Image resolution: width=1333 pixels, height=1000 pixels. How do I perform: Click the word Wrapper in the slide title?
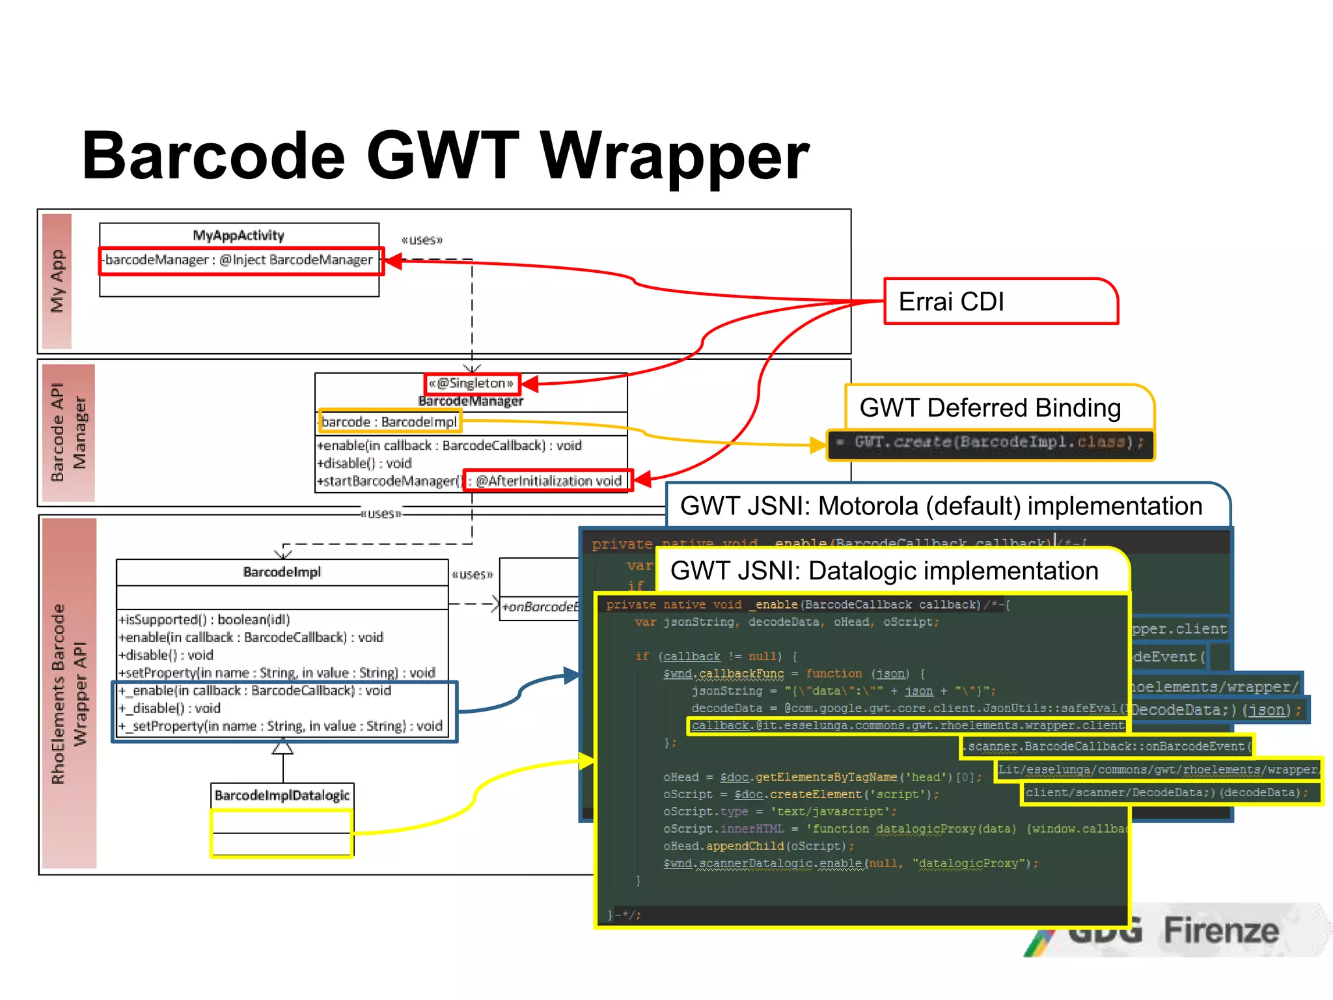pyautogui.click(x=675, y=156)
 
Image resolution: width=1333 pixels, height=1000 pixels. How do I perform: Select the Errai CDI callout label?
pyautogui.click(x=951, y=301)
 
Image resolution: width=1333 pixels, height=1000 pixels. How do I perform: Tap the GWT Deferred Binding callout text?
pyautogui.click(x=989, y=408)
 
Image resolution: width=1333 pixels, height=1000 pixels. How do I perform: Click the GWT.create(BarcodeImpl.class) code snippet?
pyautogui.click(x=989, y=443)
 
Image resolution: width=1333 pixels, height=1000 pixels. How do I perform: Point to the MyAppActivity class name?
pyautogui.click(x=238, y=236)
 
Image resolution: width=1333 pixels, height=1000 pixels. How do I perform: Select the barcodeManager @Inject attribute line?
pyautogui.click(x=240, y=260)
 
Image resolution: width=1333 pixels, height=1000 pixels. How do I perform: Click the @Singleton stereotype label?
pyautogui.click(x=471, y=383)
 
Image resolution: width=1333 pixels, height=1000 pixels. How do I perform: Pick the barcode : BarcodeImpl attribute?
pyautogui.click(x=389, y=422)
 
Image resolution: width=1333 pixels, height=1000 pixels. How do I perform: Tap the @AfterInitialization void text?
pyautogui.click(x=548, y=481)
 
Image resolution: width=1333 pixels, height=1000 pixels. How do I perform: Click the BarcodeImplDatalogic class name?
pyautogui.click(x=282, y=796)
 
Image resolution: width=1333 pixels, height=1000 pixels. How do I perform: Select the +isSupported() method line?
pyautogui.click(x=204, y=620)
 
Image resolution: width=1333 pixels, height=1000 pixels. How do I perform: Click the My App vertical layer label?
pyautogui.click(x=57, y=281)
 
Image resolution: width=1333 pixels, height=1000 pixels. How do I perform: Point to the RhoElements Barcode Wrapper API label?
pyautogui.click(x=68, y=693)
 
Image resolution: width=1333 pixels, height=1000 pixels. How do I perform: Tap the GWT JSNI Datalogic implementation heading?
pyautogui.click(x=884, y=571)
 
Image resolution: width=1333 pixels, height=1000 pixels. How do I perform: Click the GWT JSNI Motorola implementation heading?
pyautogui.click(x=941, y=507)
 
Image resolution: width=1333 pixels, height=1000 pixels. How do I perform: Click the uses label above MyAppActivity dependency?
pyautogui.click(x=422, y=240)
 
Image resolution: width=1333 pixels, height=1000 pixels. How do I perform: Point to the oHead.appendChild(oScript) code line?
pyautogui.click(x=758, y=846)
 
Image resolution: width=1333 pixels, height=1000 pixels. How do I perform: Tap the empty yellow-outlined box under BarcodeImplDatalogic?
pyautogui.click(x=282, y=833)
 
